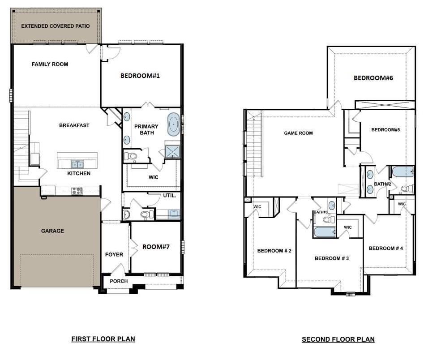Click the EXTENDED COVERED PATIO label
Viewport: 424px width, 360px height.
[56, 26]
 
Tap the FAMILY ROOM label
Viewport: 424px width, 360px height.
[50, 64]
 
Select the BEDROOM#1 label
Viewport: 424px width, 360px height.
[140, 76]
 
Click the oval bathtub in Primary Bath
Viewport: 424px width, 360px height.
[173, 124]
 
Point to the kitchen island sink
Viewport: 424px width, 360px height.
[77, 164]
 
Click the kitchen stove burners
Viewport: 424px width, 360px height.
[77, 191]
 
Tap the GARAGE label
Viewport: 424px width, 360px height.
[52, 231]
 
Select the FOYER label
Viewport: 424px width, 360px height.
[114, 255]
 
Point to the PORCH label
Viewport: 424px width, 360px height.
[119, 281]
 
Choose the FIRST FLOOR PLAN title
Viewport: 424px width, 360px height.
[103, 339]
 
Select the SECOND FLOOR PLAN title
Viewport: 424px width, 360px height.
[338, 339]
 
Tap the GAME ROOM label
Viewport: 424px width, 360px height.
[298, 133]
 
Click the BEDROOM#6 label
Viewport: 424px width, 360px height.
[373, 78]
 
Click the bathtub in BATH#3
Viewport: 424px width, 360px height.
[324, 232]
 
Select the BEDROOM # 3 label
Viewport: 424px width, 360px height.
[332, 258]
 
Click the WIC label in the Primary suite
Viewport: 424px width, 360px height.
[154, 177]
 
